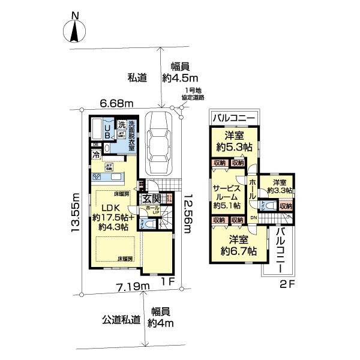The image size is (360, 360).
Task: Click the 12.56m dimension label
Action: click(188, 212)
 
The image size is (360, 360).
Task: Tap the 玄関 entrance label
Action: click(151, 199)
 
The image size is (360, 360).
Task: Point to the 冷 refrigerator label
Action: click(96, 154)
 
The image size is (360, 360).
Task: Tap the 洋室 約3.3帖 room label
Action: click(280, 186)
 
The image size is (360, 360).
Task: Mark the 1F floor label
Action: click(169, 280)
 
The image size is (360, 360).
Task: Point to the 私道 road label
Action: click(137, 77)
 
